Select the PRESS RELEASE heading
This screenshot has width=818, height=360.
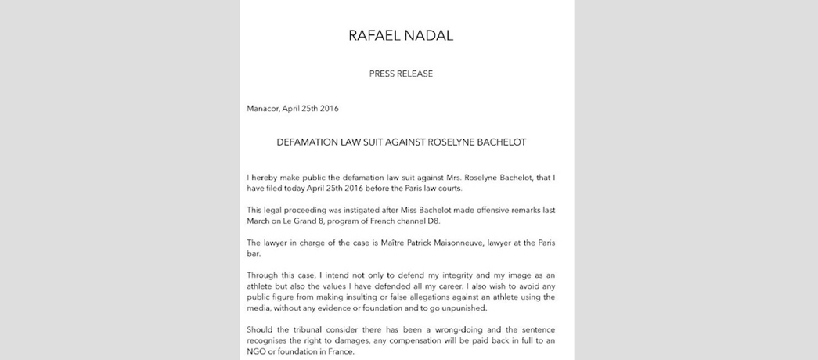[401, 74]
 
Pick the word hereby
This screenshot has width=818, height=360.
[268, 178]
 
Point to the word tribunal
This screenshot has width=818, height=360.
[316, 330]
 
